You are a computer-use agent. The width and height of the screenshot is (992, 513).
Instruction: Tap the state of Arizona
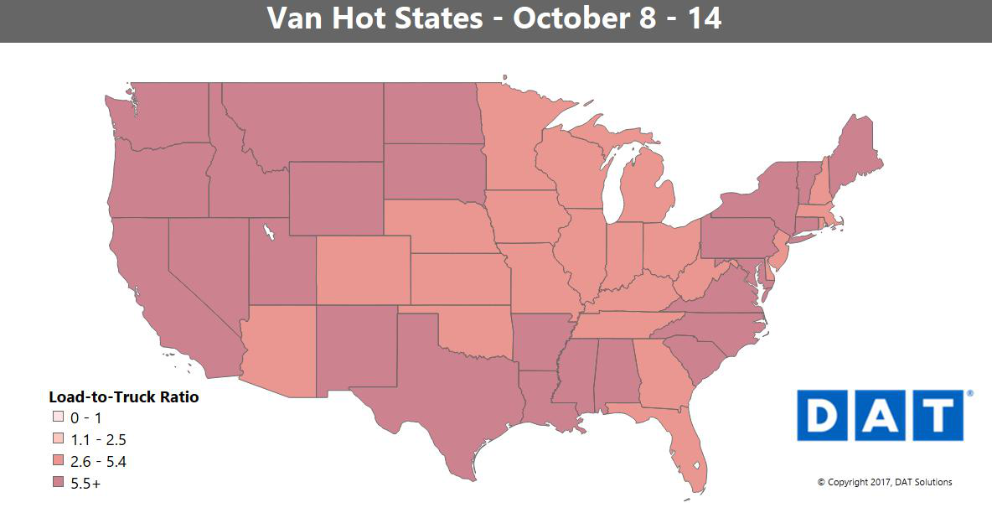coord(281,352)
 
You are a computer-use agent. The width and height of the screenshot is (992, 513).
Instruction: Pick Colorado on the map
coord(363,270)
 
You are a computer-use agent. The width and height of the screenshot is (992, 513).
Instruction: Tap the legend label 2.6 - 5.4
coord(99,462)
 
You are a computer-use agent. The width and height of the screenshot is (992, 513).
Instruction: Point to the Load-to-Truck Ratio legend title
coord(123,397)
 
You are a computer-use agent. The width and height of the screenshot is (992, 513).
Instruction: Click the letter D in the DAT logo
coord(824,415)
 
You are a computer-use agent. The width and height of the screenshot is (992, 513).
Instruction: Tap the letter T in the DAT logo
coord(937,415)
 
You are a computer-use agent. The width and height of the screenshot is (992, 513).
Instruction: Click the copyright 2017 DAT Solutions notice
coord(885,482)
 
